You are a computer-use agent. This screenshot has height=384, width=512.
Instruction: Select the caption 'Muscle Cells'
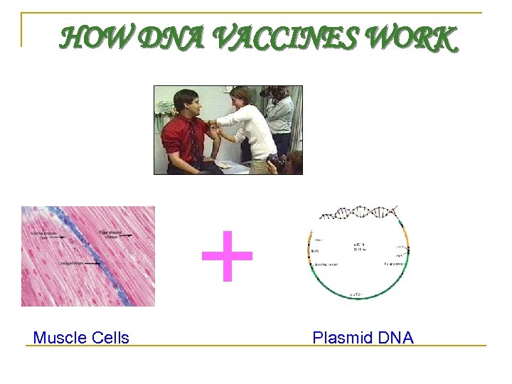click(81, 338)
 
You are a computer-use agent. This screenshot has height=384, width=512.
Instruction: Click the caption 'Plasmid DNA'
click(363, 338)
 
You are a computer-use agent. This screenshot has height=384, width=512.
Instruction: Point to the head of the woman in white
click(241, 96)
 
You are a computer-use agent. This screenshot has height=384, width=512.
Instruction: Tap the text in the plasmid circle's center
click(360, 248)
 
